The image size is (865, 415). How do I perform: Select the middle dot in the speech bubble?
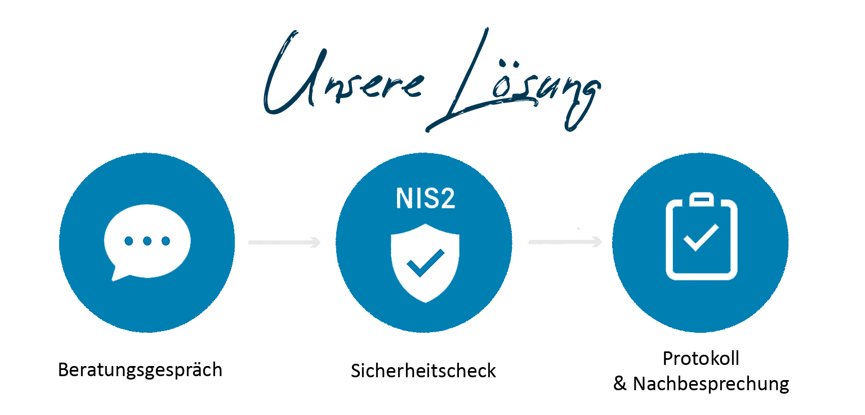tap(147, 241)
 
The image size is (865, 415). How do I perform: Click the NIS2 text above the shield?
tap(426, 199)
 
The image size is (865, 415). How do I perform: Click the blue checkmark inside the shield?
tap(425, 263)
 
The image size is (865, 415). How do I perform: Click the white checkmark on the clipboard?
tap(701, 238)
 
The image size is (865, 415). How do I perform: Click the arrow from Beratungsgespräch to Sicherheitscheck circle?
tap(284, 242)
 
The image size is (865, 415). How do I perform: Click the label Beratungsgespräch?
tap(140, 370)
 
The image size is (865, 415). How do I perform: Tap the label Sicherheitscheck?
tap(423, 371)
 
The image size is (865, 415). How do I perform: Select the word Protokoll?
tap(701, 358)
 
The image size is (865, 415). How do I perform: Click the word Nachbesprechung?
tap(711, 384)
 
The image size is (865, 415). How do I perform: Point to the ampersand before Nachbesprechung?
tap(620, 384)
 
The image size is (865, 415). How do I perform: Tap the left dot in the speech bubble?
tap(128, 241)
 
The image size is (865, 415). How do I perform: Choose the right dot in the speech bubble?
tap(166, 241)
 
